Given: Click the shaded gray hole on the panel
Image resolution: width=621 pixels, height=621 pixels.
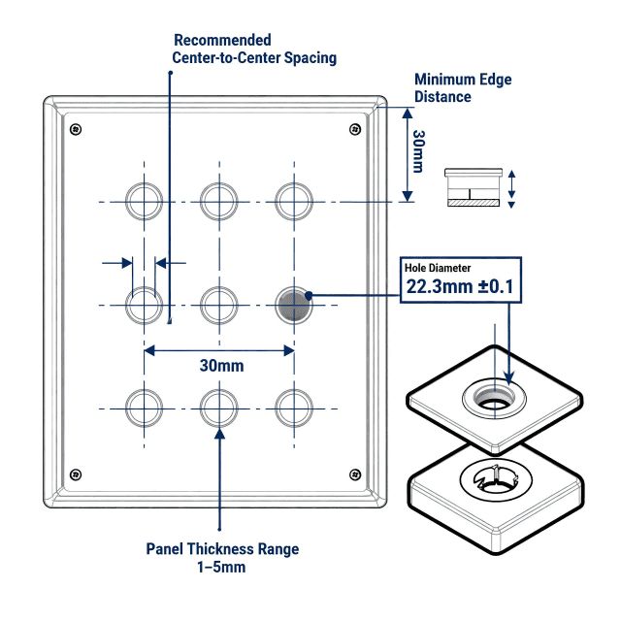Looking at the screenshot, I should tap(293, 306).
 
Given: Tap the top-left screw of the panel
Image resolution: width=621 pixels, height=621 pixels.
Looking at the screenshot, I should tap(76, 130).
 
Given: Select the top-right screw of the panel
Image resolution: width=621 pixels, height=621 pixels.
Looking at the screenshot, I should tap(356, 130).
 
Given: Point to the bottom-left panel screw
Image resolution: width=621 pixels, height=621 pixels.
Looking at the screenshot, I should tap(76, 474).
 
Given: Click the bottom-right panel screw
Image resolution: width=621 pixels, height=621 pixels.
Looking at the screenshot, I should tap(356, 474).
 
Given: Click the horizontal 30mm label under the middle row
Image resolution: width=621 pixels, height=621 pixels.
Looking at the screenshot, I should tap(221, 367).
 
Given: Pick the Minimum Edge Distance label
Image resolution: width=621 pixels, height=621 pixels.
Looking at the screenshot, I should tap(462, 88).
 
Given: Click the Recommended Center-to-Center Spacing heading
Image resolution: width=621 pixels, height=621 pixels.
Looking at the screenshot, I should tap(253, 49).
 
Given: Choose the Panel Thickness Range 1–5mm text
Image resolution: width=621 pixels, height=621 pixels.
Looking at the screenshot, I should tap(222, 558).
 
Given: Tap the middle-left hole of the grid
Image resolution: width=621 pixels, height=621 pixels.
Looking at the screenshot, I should tap(145, 306).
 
